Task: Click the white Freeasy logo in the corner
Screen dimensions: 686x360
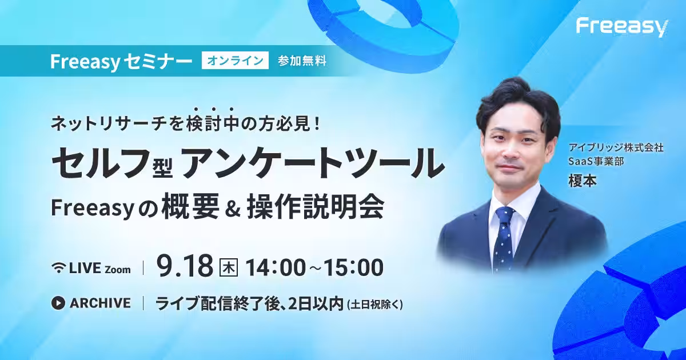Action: click(x=622, y=28)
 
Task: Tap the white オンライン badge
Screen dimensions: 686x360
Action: click(x=235, y=61)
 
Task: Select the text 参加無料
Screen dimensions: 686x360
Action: click(x=302, y=61)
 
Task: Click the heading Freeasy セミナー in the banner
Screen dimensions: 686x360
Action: click(x=121, y=61)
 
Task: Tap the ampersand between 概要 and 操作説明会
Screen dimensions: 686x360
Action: click(x=233, y=209)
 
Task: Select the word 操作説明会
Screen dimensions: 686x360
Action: click(x=316, y=207)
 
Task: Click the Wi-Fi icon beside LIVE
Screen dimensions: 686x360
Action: click(x=58, y=268)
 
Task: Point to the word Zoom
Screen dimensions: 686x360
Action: click(x=118, y=270)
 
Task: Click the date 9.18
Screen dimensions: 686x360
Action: click(x=185, y=266)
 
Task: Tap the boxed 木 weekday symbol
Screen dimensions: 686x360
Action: click(x=229, y=267)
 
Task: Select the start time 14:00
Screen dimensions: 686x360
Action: click(x=276, y=267)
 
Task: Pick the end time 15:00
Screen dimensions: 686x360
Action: click(x=353, y=267)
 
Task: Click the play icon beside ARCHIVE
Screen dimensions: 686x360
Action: click(x=58, y=303)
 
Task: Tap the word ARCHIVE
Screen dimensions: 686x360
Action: click(x=100, y=303)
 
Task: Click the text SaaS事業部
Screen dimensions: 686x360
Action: click(x=596, y=161)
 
